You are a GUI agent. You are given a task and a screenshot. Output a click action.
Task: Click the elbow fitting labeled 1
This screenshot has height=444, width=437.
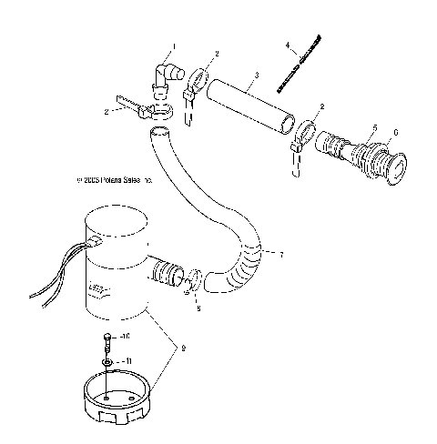coord(166,77)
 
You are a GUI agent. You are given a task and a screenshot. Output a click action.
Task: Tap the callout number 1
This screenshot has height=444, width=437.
coord(174,45)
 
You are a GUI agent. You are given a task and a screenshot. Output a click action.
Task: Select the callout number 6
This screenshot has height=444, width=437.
coord(394,130)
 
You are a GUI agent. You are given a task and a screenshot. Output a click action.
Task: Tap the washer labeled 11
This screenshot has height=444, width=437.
coord(107,361)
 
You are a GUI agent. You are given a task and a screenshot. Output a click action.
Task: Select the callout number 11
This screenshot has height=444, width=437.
coord(127,361)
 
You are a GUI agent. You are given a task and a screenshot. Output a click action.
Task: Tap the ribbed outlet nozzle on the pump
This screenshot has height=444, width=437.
coord(168,273)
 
